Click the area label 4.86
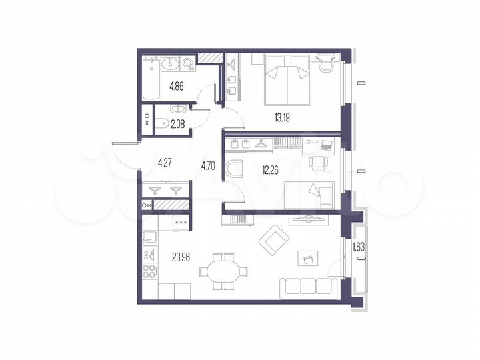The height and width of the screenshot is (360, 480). click(177, 86)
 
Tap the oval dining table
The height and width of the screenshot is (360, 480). click(223, 272)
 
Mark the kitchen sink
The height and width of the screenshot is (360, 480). click(150, 237)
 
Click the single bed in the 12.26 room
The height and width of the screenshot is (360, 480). click(310, 197)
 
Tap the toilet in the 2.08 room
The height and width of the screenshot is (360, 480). click(162, 123)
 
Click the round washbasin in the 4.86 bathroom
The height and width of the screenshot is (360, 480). click(169, 64)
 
